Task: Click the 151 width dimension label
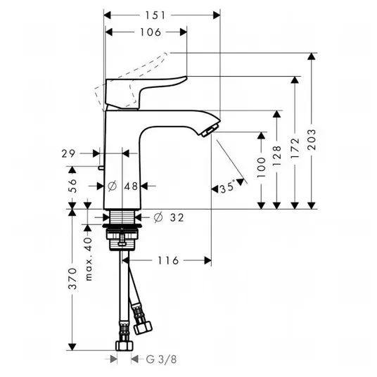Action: (x=155, y=15)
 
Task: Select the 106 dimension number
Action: (x=151, y=32)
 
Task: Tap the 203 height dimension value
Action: (x=312, y=140)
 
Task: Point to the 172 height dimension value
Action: (x=295, y=148)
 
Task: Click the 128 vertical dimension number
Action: (x=277, y=155)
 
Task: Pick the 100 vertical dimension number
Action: (x=262, y=167)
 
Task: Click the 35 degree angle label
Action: (x=227, y=187)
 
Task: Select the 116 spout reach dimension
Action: (x=168, y=260)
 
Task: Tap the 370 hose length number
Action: (x=72, y=279)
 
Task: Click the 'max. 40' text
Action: (x=89, y=259)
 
